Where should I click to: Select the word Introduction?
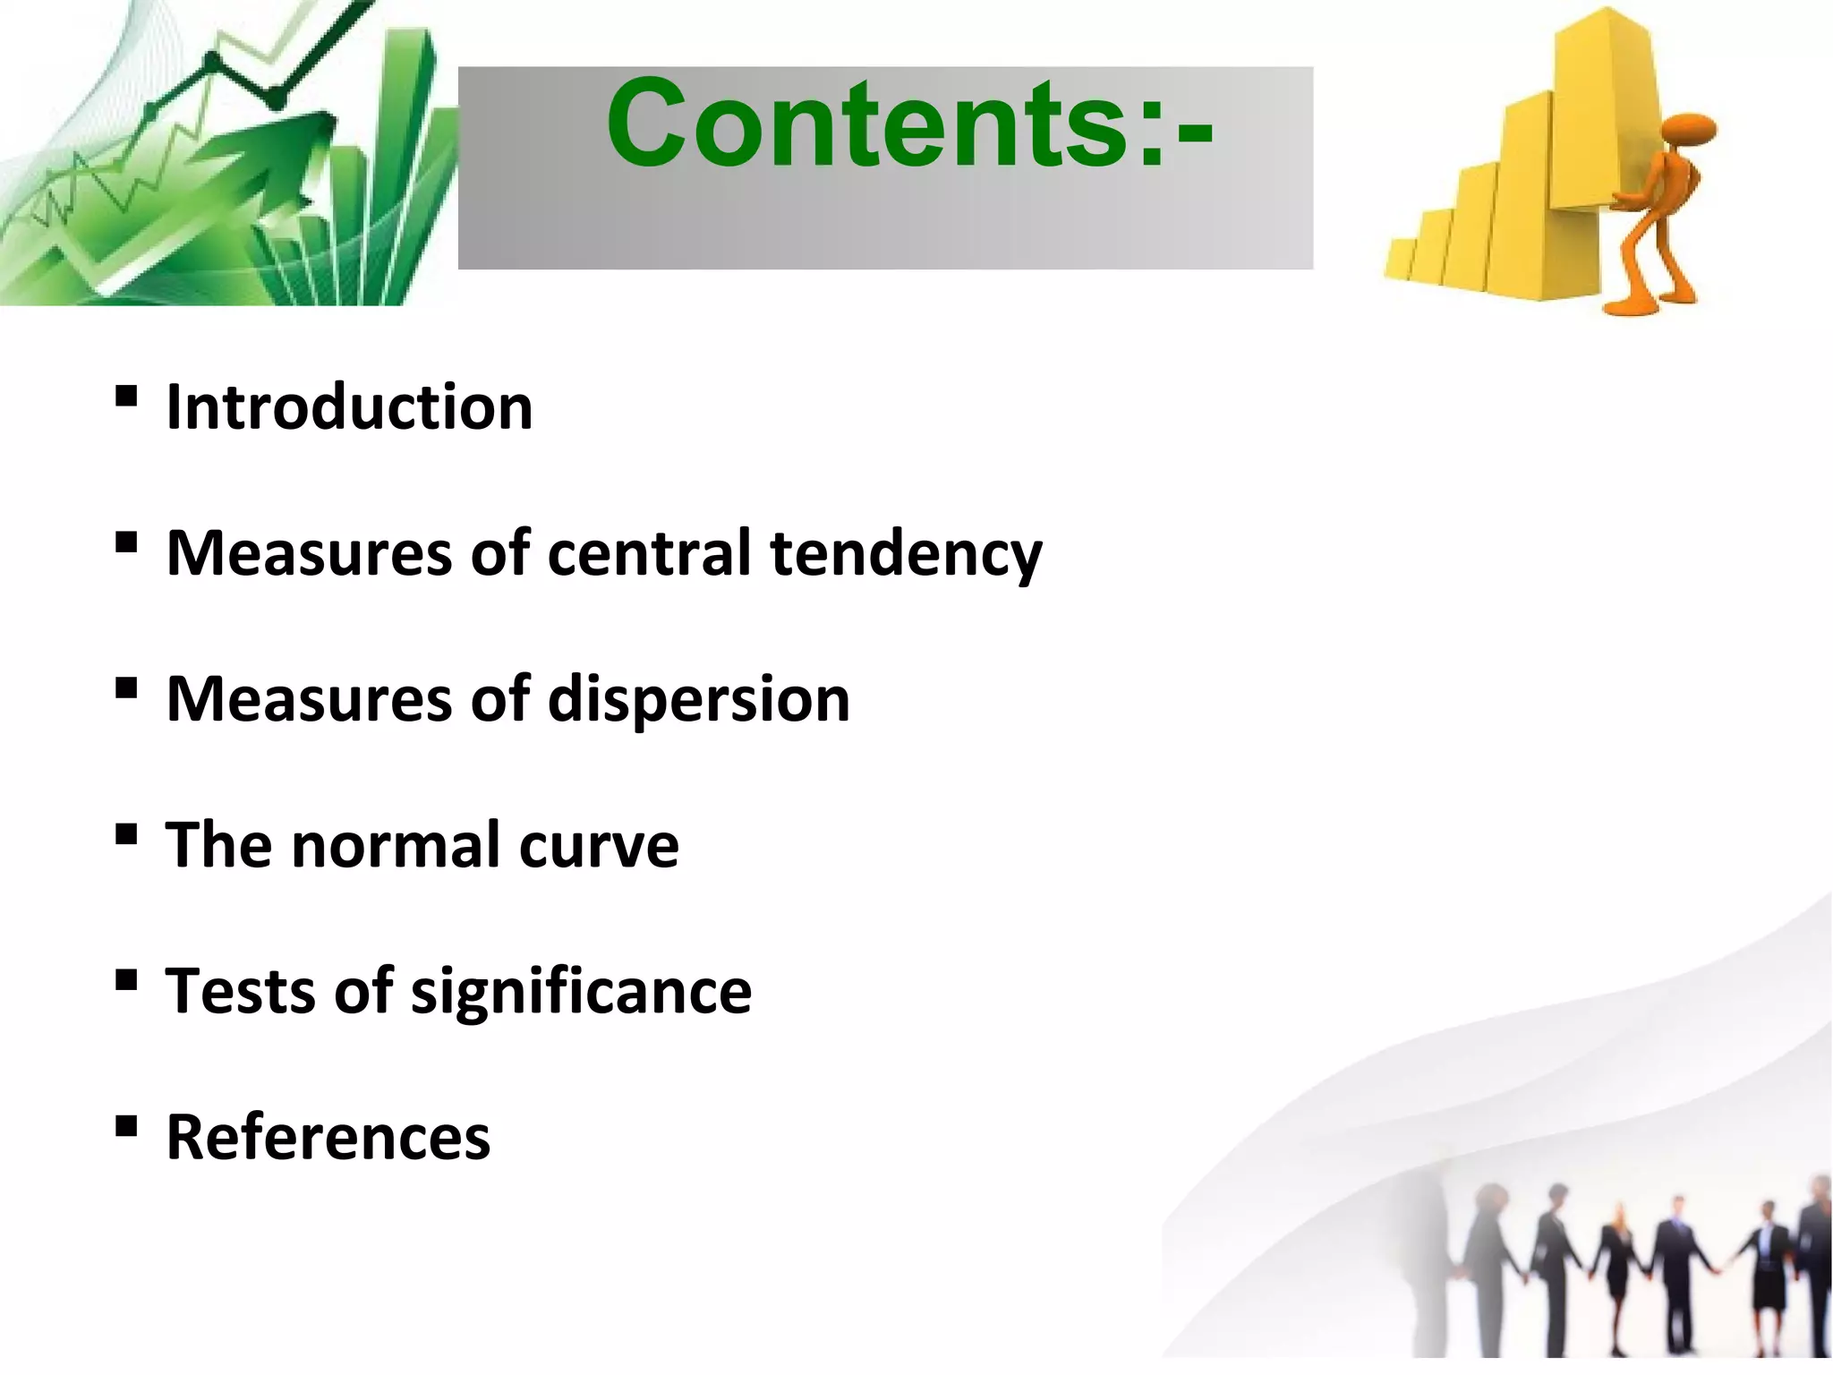click(x=350, y=407)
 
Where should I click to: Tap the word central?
click(x=649, y=552)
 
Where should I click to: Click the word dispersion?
click(x=698, y=699)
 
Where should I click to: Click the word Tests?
click(x=240, y=991)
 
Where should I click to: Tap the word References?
click(x=328, y=1137)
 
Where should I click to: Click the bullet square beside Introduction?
click(x=126, y=396)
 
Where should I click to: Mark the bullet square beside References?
click(x=126, y=1125)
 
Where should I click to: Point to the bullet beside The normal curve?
click(x=126, y=834)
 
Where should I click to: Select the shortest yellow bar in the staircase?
click(x=1399, y=260)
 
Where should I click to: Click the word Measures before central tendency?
click(x=310, y=552)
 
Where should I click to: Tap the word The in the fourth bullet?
click(x=220, y=845)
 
